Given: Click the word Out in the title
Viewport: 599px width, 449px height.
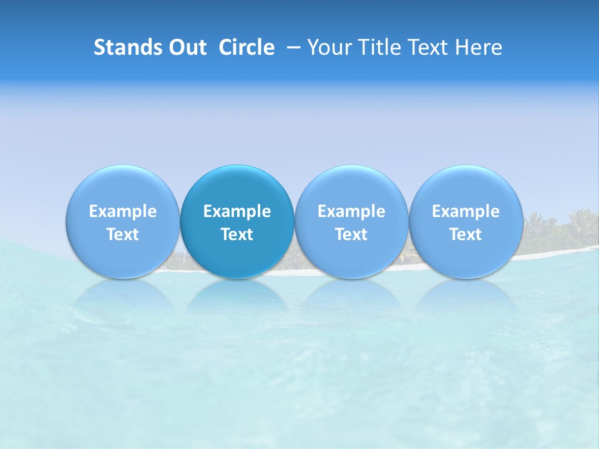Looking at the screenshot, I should click(x=186, y=47).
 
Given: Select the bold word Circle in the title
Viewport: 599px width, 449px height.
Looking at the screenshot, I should click(x=246, y=47).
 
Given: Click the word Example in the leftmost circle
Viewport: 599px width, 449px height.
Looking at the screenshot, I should click(x=122, y=211).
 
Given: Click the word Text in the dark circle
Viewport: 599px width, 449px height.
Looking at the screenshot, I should click(x=237, y=234).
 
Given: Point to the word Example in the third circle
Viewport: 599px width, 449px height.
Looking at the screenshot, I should click(x=351, y=211).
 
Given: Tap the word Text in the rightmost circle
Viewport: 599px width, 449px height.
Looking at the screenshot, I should click(x=465, y=234).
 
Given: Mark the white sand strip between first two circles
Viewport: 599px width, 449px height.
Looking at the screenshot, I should click(x=179, y=270).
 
